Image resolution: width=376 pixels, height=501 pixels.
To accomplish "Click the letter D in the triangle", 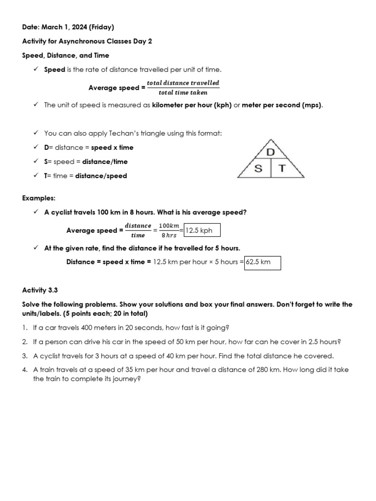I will [270, 153].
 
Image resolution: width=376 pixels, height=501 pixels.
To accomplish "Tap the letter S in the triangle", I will [258, 169].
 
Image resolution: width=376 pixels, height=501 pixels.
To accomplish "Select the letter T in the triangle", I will [282, 169].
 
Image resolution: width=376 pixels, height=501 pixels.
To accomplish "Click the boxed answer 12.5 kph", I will [201, 230].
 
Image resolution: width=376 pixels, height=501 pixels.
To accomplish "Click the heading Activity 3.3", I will [43, 290].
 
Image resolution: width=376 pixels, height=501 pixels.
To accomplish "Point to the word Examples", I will [39, 198].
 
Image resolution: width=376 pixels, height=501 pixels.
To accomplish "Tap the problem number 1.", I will [24, 327].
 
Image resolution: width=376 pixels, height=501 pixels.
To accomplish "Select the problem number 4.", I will [24, 370].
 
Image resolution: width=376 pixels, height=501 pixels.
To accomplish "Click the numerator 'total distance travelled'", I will [183, 83].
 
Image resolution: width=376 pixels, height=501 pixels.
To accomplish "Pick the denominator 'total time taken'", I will [183, 92].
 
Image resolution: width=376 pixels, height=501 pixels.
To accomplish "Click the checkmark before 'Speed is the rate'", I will [36, 69].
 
